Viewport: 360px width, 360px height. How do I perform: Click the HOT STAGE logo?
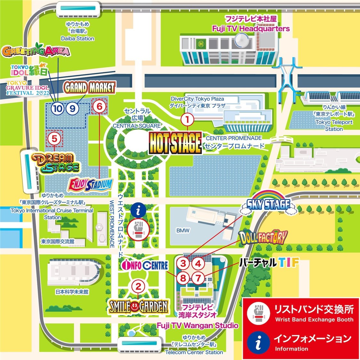tap(175, 143)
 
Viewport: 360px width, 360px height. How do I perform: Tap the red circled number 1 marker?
tap(188, 120)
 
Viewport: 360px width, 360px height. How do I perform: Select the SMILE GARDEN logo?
tap(138, 306)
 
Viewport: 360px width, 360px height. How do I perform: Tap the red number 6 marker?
tap(99, 106)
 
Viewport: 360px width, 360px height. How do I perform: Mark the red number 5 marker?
tap(54, 138)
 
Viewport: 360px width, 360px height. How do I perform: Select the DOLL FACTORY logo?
tap(263, 237)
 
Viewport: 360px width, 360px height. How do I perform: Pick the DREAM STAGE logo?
tap(56, 163)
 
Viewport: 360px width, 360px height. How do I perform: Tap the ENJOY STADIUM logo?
tap(90, 185)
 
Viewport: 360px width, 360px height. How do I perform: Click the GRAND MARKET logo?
tap(89, 87)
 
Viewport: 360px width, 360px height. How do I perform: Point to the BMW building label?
tap(183, 230)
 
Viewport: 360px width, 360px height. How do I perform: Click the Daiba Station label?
tap(78, 38)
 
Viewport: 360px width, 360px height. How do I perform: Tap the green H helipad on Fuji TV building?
tap(201, 44)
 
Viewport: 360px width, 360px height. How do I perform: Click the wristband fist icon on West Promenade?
tap(139, 228)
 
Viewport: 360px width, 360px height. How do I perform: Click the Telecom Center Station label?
tap(194, 352)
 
